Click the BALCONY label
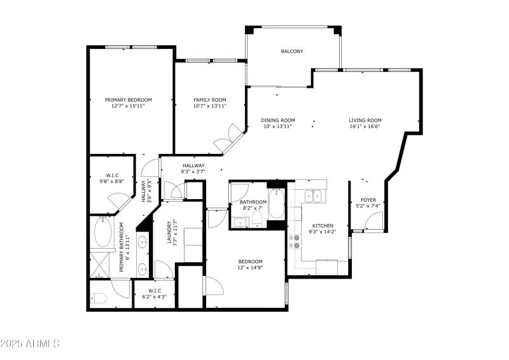292,52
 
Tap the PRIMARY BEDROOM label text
129,100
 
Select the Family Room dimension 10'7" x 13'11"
210,106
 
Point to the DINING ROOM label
278,120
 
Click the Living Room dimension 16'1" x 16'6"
365,127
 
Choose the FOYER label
368,200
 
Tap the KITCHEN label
323,226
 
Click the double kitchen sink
313,197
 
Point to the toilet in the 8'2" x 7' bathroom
257,219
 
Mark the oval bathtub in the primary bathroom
103,232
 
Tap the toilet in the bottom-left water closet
99,298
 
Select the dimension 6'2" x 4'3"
155,296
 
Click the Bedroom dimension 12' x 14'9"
250,268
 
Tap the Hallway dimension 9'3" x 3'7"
193,172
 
